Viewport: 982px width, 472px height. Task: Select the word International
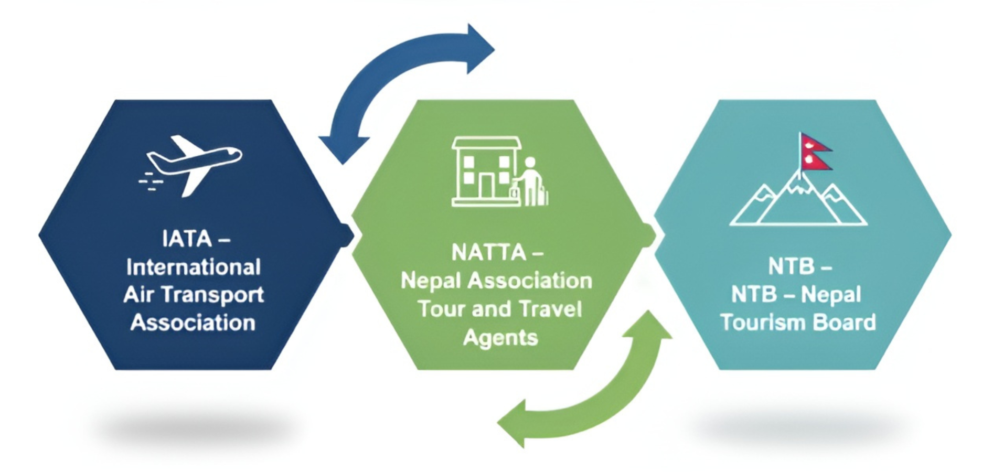pyautogui.click(x=193, y=267)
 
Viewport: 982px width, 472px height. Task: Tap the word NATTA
pyautogui.click(x=489, y=253)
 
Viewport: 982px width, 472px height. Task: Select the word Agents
pyautogui.click(x=500, y=338)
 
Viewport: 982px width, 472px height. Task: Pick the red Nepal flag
pyautogui.click(x=815, y=152)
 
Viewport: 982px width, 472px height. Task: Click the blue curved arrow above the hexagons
pyautogui.click(x=399, y=73)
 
